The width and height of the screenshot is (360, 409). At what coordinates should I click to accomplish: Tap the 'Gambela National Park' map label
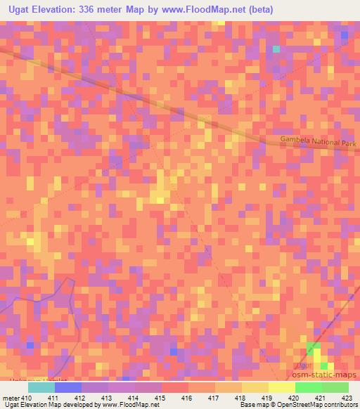(319, 142)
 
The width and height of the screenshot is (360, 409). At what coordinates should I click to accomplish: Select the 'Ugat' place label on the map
(303, 366)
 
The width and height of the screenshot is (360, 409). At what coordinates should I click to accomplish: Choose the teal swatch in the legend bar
(41, 387)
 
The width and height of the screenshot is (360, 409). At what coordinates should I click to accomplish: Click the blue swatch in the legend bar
(68, 387)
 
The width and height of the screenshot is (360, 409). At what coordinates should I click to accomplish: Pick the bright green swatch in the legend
(308, 387)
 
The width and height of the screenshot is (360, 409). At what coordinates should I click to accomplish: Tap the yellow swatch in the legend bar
(281, 387)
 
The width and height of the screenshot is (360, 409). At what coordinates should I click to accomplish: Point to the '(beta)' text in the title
(270, 10)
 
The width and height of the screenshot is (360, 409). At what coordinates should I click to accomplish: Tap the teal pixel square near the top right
(276, 49)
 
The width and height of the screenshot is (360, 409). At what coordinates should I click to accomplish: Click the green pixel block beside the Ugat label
(312, 349)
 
